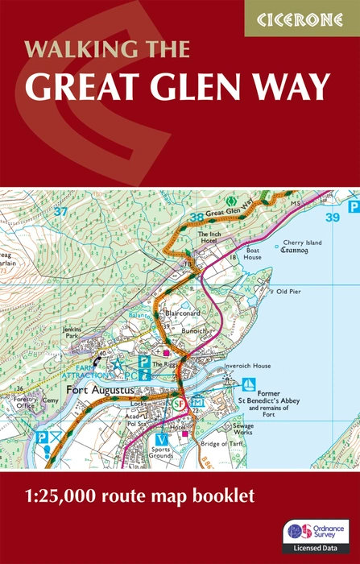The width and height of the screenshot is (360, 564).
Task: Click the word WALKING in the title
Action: (68, 50)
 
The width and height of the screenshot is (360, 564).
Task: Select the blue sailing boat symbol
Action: (250, 385)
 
